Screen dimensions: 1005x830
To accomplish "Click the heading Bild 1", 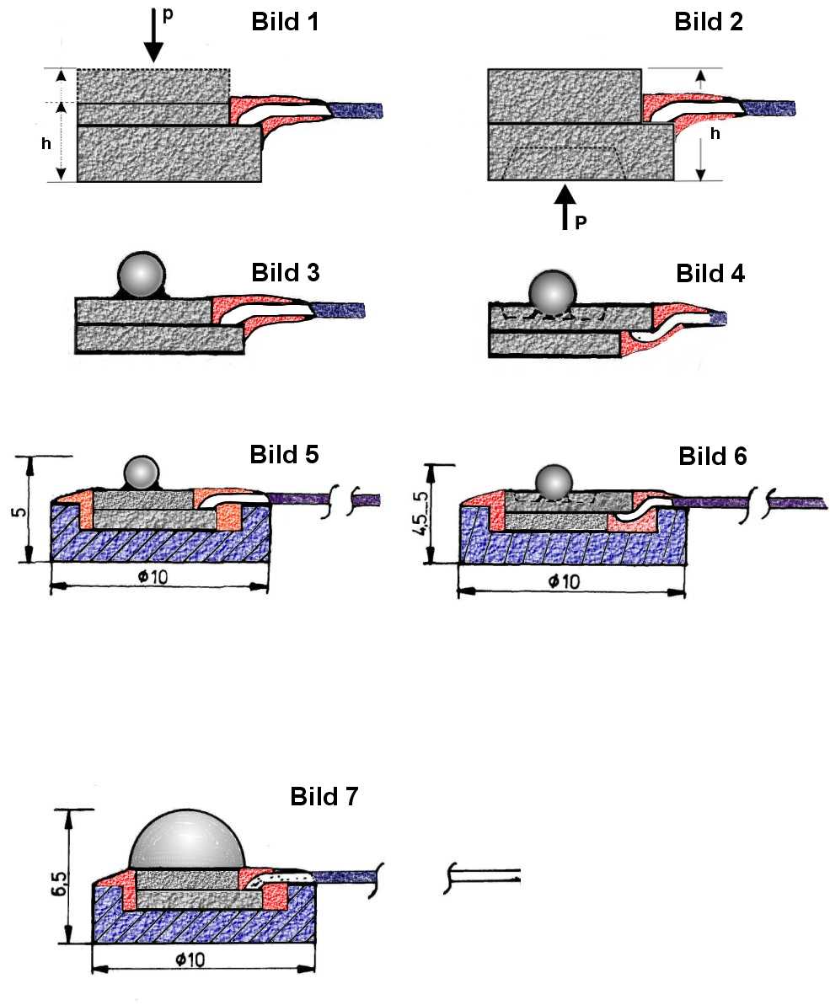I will pyautogui.click(x=286, y=23).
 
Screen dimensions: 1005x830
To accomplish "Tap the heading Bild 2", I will pyautogui.click(x=710, y=23).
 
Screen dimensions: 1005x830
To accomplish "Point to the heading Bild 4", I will pyautogui.click(x=710, y=274).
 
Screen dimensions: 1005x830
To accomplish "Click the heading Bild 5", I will pyautogui.click(x=285, y=454).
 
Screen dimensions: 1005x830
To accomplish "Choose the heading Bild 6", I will pyautogui.click(x=713, y=456).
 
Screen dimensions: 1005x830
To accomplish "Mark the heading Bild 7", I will pyautogui.click(x=324, y=796).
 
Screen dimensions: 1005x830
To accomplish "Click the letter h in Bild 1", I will pyautogui.click(x=46, y=144).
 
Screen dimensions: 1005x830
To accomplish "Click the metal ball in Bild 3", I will pyautogui.click(x=140, y=275).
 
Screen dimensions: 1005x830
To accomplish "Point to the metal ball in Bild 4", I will pyautogui.click(x=552, y=292).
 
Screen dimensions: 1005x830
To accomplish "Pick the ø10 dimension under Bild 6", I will pyautogui.click(x=570, y=581).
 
